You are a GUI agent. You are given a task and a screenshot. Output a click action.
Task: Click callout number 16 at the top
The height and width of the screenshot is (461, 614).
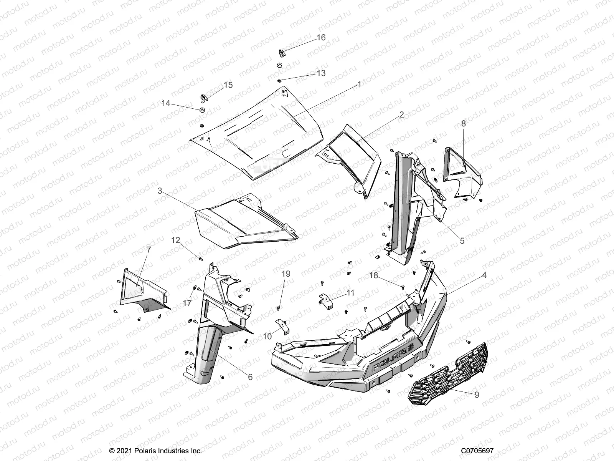[x=321, y=37]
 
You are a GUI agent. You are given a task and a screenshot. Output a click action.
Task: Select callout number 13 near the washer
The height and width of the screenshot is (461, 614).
[x=321, y=73]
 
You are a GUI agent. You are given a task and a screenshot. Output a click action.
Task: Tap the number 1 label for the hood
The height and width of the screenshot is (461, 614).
[x=359, y=85]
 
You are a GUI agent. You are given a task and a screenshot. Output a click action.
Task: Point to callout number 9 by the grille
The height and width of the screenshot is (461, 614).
[x=477, y=395]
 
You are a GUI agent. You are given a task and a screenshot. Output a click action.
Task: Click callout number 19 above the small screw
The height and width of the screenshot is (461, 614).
[x=286, y=274]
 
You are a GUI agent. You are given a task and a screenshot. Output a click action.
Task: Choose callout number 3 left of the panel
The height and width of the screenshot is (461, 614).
[x=160, y=190]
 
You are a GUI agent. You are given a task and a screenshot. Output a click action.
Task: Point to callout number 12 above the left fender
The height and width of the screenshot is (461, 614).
[x=175, y=240]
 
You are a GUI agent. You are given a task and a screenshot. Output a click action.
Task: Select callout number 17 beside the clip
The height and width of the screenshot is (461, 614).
[x=187, y=303]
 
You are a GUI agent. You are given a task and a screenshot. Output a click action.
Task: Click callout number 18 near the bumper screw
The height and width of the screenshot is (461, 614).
[x=374, y=275]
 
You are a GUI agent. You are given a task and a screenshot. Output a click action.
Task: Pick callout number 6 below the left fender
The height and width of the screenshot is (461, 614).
[x=250, y=377]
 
